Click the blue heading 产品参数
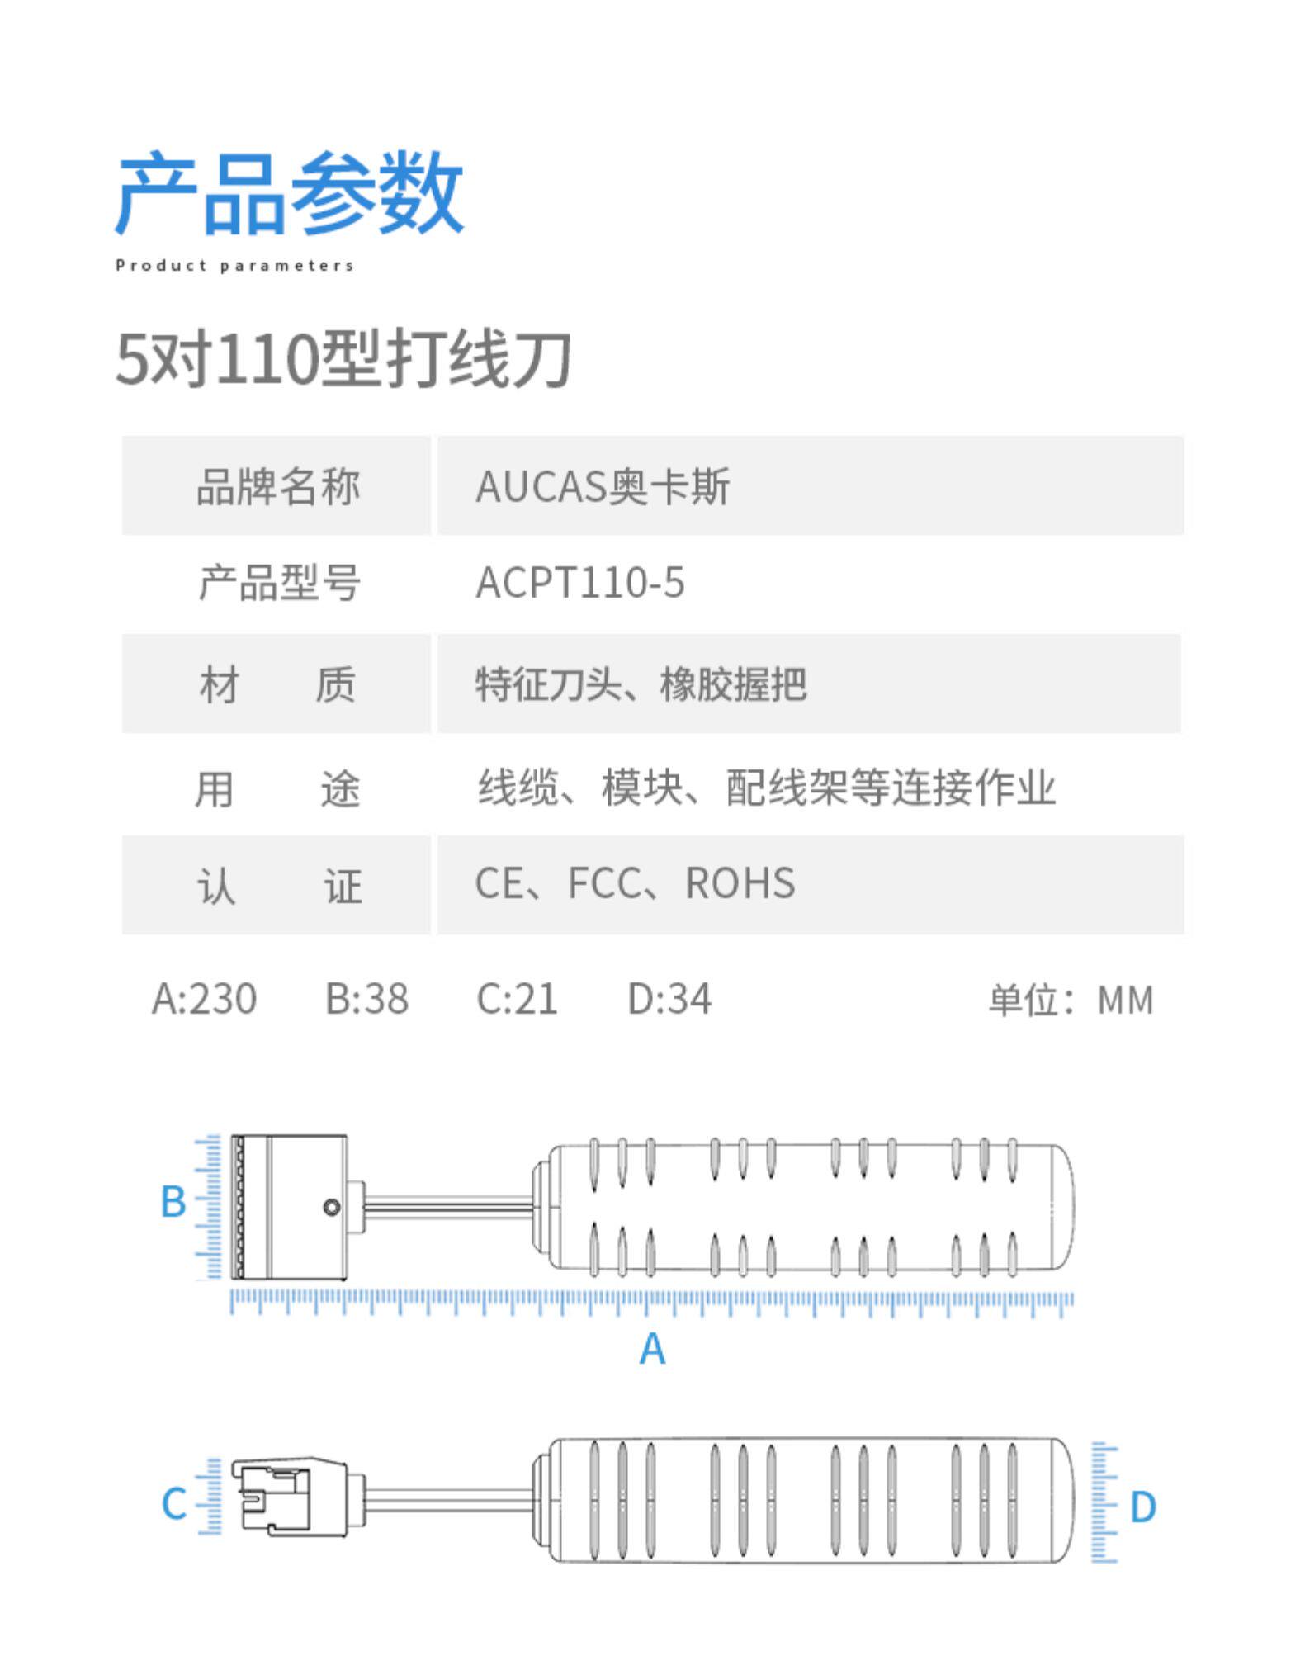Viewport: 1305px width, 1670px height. click(289, 193)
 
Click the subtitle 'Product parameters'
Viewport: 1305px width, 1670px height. click(234, 266)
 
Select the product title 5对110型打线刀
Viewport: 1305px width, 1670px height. click(343, 358)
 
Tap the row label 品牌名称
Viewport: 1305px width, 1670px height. click(278, 486)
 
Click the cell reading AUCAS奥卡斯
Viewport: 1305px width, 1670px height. click(603, 486)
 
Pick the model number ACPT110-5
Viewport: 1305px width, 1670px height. click(580, 583)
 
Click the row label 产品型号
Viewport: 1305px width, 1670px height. click(279, 583)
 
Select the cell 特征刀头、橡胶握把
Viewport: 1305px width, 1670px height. click(641, 684)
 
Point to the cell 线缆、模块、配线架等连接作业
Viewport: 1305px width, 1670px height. click(767, 787)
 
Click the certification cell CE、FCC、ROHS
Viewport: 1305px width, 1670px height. click(635, 884)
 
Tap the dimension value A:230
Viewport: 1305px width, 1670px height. click(204, 999)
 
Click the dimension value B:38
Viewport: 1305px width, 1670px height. click(366, 999)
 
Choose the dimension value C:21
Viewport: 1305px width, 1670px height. click(518, 999)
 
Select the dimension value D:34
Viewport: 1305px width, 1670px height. click(669, 999)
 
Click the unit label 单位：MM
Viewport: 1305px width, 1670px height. click(1071, 1000)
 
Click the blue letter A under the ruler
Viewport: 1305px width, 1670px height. click(652, 1349)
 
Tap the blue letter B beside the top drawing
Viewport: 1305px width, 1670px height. click(173, 1201)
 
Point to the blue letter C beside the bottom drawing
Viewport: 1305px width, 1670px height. click(174, 1503)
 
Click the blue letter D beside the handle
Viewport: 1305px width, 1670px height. click(1142, 1507)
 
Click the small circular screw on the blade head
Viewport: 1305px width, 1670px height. click(332, 1208)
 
